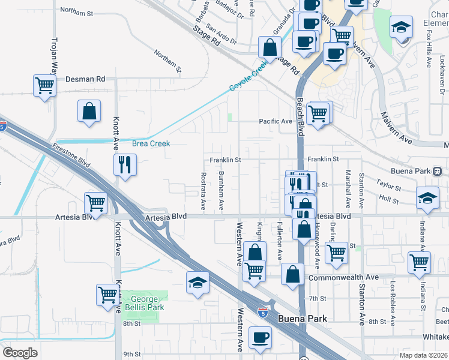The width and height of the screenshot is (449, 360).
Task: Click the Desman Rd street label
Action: (85, 79)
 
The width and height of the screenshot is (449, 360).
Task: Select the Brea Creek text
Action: (151, 143)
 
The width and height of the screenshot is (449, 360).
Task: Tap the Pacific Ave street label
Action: (275, 121)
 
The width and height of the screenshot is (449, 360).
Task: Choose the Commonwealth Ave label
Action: (343, 278)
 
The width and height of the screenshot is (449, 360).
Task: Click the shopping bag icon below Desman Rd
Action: (89, 111)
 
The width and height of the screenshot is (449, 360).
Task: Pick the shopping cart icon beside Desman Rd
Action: (45, 86)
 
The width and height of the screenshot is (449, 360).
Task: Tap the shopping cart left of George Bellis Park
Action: (107, 295)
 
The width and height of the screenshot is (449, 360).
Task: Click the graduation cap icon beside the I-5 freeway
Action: (197, 282)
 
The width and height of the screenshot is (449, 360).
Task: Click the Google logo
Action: (20, 353)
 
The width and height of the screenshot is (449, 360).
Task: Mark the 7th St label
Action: (317, 298)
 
